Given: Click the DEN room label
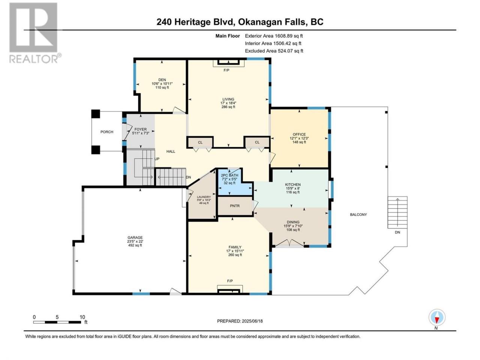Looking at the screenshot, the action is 162,80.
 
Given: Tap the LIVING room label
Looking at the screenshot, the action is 228,99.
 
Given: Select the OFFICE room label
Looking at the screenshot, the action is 299,134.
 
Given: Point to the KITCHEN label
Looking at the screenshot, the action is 293,185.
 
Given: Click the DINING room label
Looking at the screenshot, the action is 293,222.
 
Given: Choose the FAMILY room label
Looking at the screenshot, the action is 235,247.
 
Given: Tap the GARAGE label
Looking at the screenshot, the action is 135,237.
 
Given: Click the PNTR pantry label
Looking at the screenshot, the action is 235,206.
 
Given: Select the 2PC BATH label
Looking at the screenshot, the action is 229,175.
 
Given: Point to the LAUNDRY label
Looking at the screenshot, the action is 204,197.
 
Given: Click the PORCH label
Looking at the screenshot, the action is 107,132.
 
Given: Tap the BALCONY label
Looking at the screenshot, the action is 358,214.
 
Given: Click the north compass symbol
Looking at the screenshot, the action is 437,318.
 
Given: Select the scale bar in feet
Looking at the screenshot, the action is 57,322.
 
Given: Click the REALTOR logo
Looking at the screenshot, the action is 35,33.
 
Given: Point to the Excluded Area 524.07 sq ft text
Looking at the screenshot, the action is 274,51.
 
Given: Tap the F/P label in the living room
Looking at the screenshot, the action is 226,70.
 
